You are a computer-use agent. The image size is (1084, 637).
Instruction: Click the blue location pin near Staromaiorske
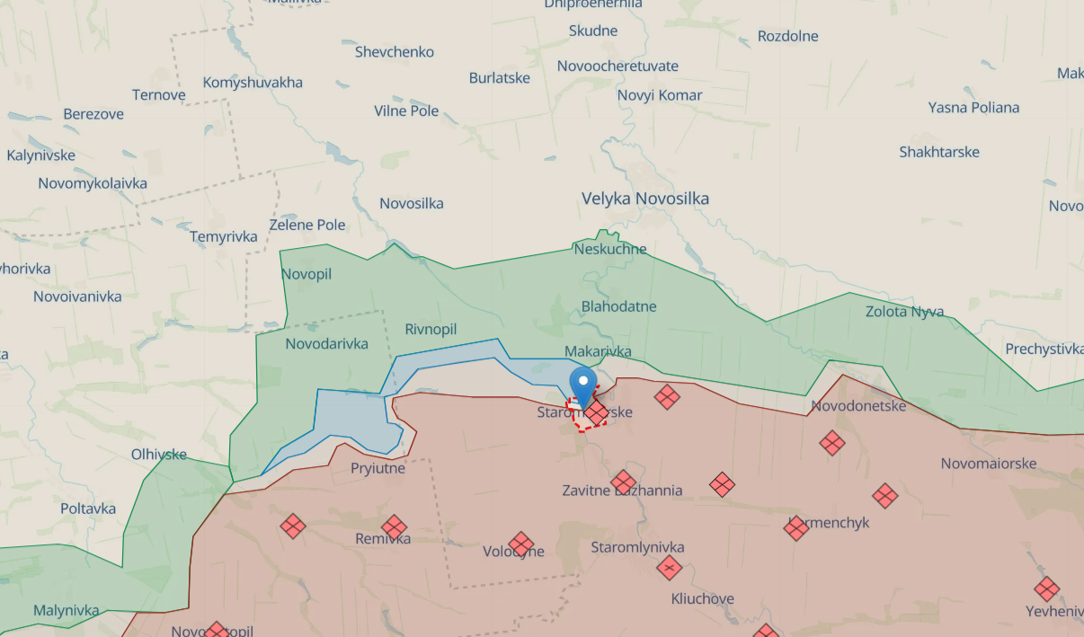tap(583, 384)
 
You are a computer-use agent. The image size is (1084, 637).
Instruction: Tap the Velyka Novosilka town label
tap(644, 199)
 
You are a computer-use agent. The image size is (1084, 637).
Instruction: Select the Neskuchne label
tap(609, 249)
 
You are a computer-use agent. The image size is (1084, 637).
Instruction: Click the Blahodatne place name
tap(618, 306)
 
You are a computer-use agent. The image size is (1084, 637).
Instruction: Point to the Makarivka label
tap(598, 351)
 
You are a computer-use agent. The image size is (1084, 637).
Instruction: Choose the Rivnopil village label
tap(431, 330)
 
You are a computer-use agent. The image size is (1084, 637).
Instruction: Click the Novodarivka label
tap(326, 344)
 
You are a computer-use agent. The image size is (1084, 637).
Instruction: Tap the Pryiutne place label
tap(378, 468)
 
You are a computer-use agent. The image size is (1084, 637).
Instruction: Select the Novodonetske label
tap(858, 406)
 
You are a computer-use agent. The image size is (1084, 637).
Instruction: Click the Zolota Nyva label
tap(904, 312)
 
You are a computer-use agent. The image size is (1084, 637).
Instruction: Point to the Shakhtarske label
tap(939, 152)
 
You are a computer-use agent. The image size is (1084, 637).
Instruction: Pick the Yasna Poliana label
tap(973, 108)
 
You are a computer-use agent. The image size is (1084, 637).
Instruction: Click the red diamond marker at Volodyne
tap(520, 544)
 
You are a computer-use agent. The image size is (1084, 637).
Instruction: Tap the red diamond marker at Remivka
tap(394, 528)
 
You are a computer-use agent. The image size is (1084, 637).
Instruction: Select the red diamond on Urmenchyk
tap(796, 528)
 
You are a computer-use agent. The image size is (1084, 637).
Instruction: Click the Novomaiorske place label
tap(989, 464)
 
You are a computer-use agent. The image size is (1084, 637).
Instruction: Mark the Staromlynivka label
tap(637, 547)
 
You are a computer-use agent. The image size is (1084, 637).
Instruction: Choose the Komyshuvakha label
tap(253, 83)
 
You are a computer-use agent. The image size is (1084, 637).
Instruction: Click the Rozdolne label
tap(787, 37)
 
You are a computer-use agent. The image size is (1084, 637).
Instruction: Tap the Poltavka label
tap(88, 509)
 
